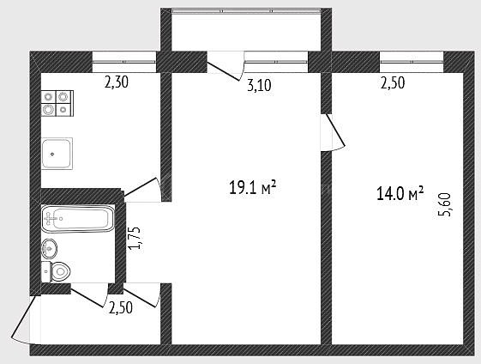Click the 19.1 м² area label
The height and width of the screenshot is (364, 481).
pyautogui.click(x=253, y=188)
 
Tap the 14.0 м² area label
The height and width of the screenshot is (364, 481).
pyautogui.click(x=400, y=193)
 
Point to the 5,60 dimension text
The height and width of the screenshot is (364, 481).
pyautogui.click(x=445, y=204)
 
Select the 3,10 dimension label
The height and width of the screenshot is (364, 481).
pyautogui.click(x=259, y=86)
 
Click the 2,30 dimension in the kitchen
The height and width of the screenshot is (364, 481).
pyautogui.click(x=117, y=82)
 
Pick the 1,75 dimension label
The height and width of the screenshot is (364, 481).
pyautogui.click(x=135, y=238)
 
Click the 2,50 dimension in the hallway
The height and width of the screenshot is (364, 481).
pyautogui.click(x=121, y=308)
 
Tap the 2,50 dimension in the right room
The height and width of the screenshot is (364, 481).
pyautogui.click(x=393, y=83)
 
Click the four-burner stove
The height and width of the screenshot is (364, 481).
pyautogui.click(x=57, y=103)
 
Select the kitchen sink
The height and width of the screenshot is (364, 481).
pyautogui.click(x=57, y=154)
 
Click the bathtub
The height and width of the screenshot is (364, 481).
pyautogui.click(x=78, y=218)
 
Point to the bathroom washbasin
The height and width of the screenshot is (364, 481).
pyautogui.click(x=49, y=248)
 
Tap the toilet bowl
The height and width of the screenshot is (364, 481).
pyautogui.click(x=60, y=271)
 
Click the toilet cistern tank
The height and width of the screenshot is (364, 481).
pyautogui.click(x=45, y=272)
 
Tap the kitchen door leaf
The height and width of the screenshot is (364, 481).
pyautogui.click(x=140, y=187)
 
